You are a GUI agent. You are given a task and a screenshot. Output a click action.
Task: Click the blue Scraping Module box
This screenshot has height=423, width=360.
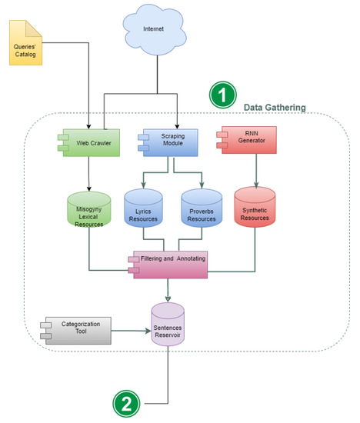170,141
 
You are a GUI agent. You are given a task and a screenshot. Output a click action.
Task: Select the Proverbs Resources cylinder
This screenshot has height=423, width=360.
202,212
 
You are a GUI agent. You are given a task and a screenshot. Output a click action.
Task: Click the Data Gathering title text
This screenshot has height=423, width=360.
274,106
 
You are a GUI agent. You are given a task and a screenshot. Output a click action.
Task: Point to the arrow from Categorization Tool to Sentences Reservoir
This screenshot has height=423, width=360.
131,332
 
